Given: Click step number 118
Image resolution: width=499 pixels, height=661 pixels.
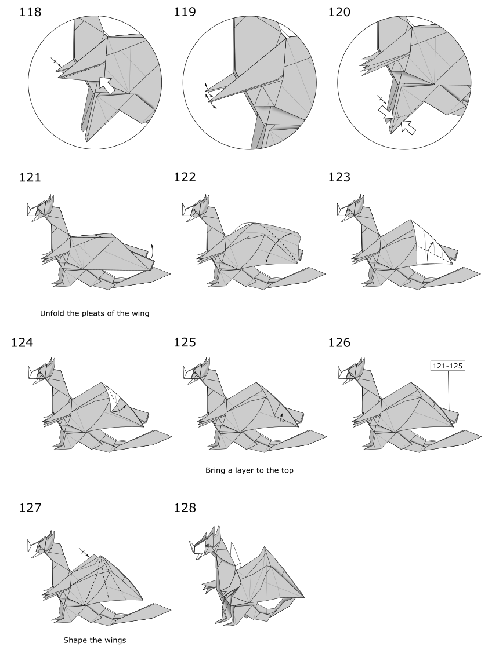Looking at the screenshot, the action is coord(30,12).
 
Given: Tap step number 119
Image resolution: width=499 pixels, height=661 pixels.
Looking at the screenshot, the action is coord(185,12).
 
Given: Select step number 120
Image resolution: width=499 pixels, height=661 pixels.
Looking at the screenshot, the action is coord(339,12).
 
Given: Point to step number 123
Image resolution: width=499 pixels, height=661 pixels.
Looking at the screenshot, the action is coord(339,177).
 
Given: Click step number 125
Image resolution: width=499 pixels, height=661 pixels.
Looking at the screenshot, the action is coord(185,342).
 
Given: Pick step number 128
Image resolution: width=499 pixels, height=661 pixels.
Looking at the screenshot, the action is coord(185,507).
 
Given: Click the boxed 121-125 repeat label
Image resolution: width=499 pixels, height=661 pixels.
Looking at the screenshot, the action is coord(447,366).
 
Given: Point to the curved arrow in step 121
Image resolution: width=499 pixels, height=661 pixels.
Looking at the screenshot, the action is coord(150,251).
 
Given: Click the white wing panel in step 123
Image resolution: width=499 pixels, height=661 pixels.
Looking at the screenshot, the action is coord(431,244).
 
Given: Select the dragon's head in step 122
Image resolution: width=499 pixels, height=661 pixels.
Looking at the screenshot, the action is coord(196,209).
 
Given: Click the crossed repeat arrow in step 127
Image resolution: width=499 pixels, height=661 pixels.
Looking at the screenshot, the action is coord(84,553).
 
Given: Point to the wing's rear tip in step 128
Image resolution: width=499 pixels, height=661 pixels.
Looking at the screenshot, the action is coord(303,597).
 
